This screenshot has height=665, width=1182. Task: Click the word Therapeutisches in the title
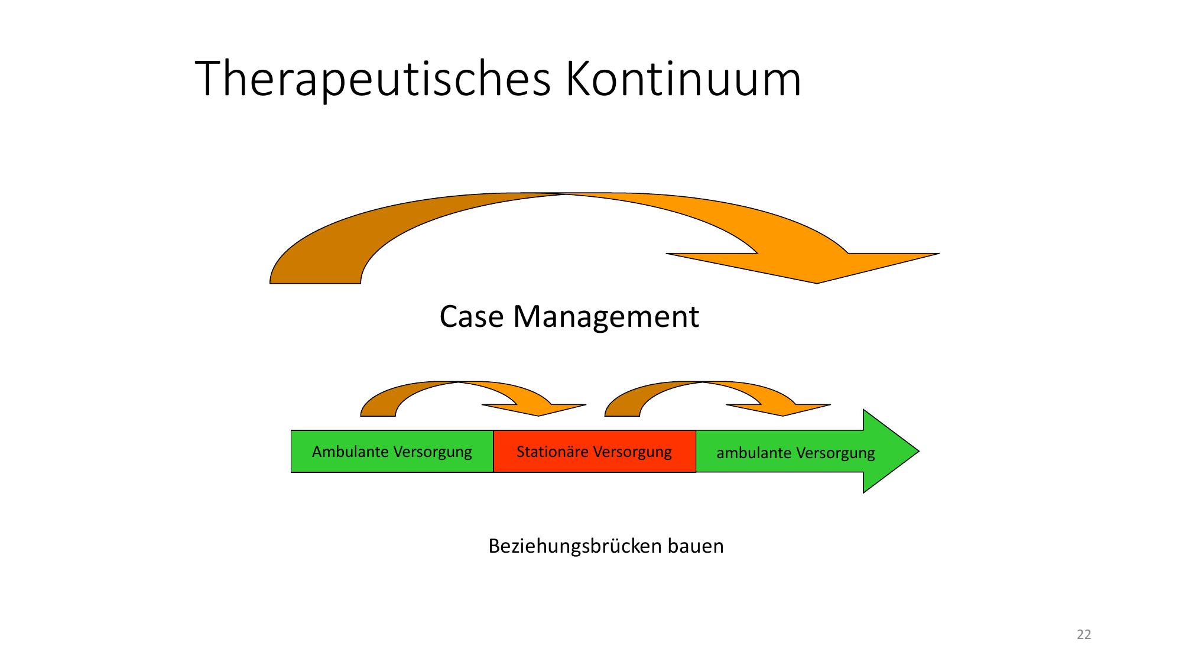click(372, 79)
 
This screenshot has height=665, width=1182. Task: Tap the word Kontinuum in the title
click(683, 79)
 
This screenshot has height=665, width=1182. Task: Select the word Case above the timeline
click(472, 316)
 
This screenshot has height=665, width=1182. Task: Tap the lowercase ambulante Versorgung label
click(795, 453)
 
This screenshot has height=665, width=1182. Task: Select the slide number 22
click(1084, 635)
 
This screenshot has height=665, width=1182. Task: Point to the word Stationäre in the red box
click(553, 452)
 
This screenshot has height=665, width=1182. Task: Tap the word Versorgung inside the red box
click(632, 452)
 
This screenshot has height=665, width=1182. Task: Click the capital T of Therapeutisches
click(208, 79)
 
